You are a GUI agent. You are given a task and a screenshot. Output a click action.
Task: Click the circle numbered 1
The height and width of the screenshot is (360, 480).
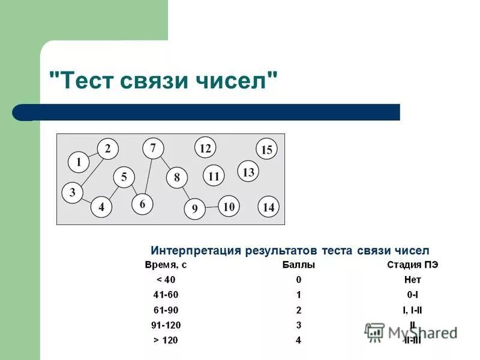click(x=78, y=161)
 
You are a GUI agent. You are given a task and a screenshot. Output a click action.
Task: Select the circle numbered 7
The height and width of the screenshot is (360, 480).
click(x=153, y=148)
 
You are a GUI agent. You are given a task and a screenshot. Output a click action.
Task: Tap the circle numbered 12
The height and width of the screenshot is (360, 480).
click(x=205, y=148)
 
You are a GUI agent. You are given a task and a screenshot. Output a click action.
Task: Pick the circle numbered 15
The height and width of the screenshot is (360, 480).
click(x=266, y=150)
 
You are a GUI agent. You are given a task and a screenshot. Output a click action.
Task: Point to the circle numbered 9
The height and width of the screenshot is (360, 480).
click(x=194, y=209)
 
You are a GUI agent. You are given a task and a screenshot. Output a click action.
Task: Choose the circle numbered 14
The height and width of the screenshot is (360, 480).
click(x=268, y=207)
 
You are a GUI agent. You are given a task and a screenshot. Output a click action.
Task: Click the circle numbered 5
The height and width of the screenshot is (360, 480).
click(x=124, y=177)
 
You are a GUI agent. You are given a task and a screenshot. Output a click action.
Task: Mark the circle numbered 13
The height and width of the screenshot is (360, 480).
click(x=248, y=172)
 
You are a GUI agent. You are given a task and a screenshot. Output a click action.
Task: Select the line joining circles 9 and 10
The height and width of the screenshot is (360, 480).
click(x=211, y=207)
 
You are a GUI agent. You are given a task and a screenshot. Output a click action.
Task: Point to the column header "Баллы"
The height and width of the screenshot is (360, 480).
click(x=298, y=265)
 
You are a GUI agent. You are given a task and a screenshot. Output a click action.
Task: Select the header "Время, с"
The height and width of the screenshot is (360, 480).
click(x=166, y=265)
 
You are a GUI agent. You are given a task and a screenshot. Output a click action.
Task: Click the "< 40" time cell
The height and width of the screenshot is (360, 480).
click(x=166, y=280)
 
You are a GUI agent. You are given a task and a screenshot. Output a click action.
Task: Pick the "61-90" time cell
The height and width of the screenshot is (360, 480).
click(x=166, y=310)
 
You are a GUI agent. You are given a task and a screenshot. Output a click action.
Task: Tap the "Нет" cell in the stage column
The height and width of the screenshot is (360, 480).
click(x=413, y=280)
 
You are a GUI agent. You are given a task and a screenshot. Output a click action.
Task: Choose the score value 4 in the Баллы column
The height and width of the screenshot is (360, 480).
click(x=298, y=341)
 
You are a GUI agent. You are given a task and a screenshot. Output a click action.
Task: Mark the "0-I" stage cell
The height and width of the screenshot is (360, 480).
click(x=413, y=295)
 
